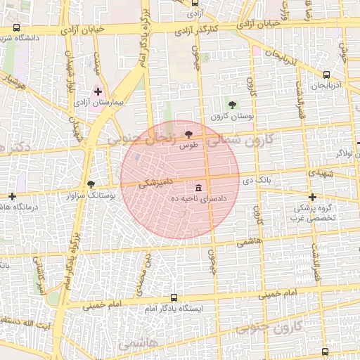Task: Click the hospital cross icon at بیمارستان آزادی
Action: click(98, 91)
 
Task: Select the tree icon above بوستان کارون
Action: click(233, 105)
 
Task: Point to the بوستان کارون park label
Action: click(233, 116)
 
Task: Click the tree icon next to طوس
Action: click(188, 134)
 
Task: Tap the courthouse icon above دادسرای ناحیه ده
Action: click(200, 188)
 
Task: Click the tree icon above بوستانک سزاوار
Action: click(91, 184)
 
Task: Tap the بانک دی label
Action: click(257, 181)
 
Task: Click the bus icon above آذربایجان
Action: click(326, 74)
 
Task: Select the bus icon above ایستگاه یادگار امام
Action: click(174, 297)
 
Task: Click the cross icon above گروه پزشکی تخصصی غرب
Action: click(312, 197)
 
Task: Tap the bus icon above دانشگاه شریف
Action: click(17, 27)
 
